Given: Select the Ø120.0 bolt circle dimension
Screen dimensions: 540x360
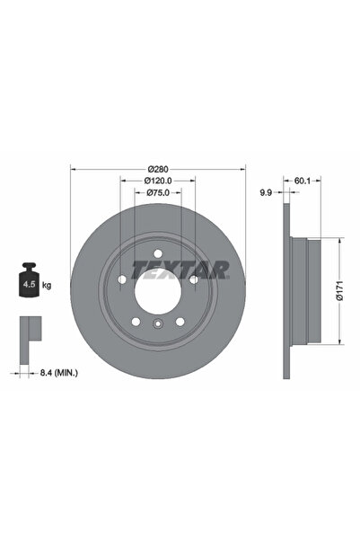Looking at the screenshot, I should (158, 181).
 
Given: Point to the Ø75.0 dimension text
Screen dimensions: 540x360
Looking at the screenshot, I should (158, 192).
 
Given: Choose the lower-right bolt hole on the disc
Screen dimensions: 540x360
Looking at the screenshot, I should (180, 321).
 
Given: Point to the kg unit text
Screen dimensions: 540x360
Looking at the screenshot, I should (46, 286).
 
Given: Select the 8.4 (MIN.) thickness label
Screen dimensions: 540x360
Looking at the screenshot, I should (63, 369).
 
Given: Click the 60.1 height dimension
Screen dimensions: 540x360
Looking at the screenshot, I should (303, 181).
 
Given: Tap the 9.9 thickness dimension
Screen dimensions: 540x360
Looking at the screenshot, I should (266, 192).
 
